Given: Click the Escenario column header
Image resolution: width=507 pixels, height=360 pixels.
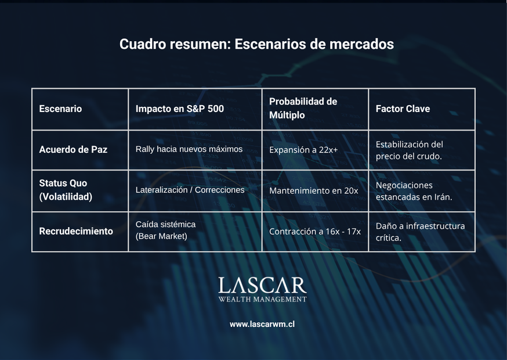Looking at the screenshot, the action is coord(60,109).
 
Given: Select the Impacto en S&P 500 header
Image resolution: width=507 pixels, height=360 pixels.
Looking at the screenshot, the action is coord(180,109).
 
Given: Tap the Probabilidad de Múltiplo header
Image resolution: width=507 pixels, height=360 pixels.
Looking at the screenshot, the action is coord(303,108).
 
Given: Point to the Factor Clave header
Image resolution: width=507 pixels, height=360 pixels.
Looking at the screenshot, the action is coord(403,109).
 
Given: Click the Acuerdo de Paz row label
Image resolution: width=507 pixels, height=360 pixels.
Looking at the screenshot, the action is coord(74,150).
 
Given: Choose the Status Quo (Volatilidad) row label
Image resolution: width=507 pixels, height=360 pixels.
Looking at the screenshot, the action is coord(66,190).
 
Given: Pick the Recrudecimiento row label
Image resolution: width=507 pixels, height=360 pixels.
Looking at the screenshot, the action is coord(76,231).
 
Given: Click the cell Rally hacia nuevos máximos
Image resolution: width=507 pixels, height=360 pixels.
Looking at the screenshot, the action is coord(189,149).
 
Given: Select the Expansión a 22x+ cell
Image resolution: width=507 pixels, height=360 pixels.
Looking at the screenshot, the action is coord(303,150).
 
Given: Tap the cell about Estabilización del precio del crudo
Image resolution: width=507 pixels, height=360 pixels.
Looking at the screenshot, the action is coord(410,150).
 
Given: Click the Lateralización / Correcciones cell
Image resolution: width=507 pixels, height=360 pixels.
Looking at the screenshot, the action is coord(190,190).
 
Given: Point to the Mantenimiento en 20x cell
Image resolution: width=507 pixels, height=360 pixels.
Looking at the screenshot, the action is coord(314,190).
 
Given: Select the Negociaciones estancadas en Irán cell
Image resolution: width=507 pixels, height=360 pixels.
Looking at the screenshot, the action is coord(414,191).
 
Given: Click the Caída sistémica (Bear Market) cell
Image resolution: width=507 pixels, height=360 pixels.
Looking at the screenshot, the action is coord(165,230).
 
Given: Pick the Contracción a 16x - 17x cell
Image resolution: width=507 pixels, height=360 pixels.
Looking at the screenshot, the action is coord(315,232).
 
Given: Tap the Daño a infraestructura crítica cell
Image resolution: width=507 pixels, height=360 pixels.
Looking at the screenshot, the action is coord(421,232).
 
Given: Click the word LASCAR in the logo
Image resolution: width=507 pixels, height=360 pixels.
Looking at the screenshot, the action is coord(262,285).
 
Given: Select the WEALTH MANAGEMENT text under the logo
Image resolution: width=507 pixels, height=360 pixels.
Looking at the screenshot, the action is coord(263,299).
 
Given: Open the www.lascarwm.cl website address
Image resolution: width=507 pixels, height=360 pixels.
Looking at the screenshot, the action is coord(262,324).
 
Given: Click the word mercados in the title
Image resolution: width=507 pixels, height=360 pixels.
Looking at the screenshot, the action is coord(361,44).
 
